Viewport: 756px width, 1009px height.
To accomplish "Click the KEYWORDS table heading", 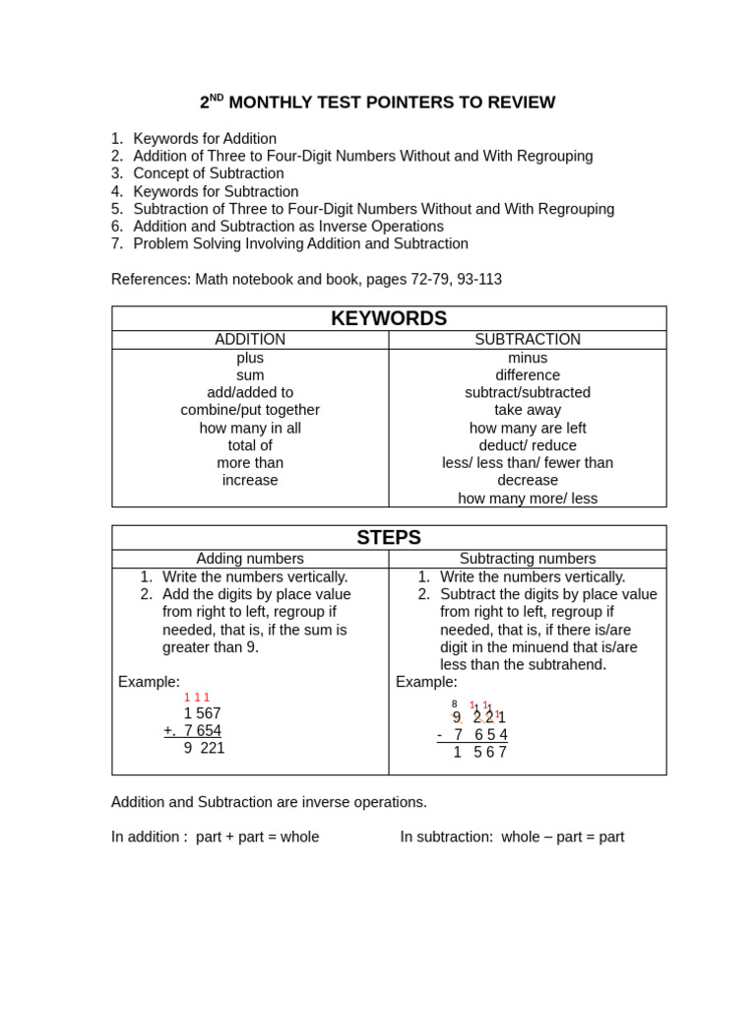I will (389, 318).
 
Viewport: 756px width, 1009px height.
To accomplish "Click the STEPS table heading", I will (389, 537).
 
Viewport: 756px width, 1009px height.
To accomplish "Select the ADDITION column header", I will (250, 340).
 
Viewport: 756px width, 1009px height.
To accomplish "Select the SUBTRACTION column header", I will (528, 340).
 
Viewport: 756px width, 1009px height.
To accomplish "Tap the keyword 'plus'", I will (250, 358).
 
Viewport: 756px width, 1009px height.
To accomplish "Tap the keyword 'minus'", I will (528, 358).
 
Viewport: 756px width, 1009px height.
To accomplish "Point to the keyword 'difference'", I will (528, 375).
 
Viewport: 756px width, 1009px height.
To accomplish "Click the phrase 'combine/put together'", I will (250, 410).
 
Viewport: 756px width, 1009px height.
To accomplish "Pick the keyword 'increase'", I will (250, 481).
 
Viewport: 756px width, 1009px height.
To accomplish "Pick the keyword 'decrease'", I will (528, 481).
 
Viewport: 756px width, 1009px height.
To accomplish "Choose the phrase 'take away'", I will (528, 410).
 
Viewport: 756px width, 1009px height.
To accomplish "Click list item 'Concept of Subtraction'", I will (209, 173).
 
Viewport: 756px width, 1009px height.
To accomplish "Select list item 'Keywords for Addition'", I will (205, 139).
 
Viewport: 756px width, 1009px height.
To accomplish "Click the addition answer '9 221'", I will (204, 748).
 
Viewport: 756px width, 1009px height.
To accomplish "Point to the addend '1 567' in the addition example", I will (202, 713).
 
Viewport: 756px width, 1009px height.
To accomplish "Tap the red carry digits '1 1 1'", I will (196, 698).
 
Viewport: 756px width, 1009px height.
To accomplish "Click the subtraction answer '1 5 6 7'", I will (479, 753).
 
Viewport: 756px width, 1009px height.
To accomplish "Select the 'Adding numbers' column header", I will (250, 559).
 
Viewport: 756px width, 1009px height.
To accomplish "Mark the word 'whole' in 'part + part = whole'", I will (299, 837).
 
